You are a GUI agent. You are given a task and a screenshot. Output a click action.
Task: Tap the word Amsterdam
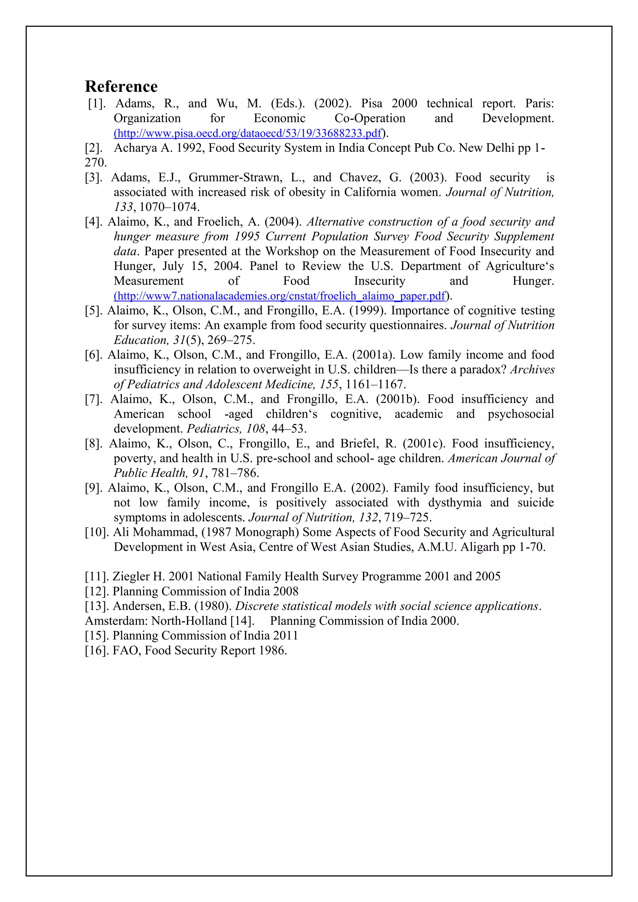(x=117, y=621)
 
